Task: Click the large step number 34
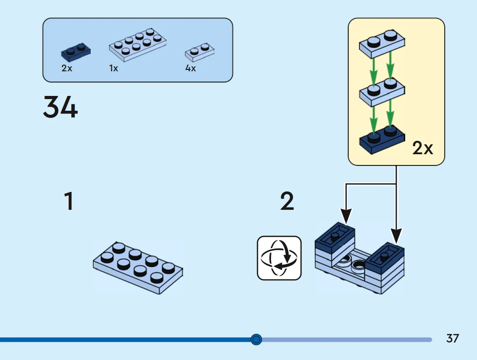point(61,107)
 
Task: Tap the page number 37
point(453,338)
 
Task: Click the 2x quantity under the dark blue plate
point(67,69)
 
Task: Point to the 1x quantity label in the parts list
point(114,69)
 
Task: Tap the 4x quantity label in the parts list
point(191,69)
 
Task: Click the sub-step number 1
point(68,201)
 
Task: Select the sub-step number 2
point(287,201)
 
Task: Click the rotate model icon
point(279,258)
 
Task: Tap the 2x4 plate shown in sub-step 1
point(138,267)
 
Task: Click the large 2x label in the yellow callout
point(423,148)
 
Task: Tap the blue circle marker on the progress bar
point(256,339)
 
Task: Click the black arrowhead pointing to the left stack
point(346,217)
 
